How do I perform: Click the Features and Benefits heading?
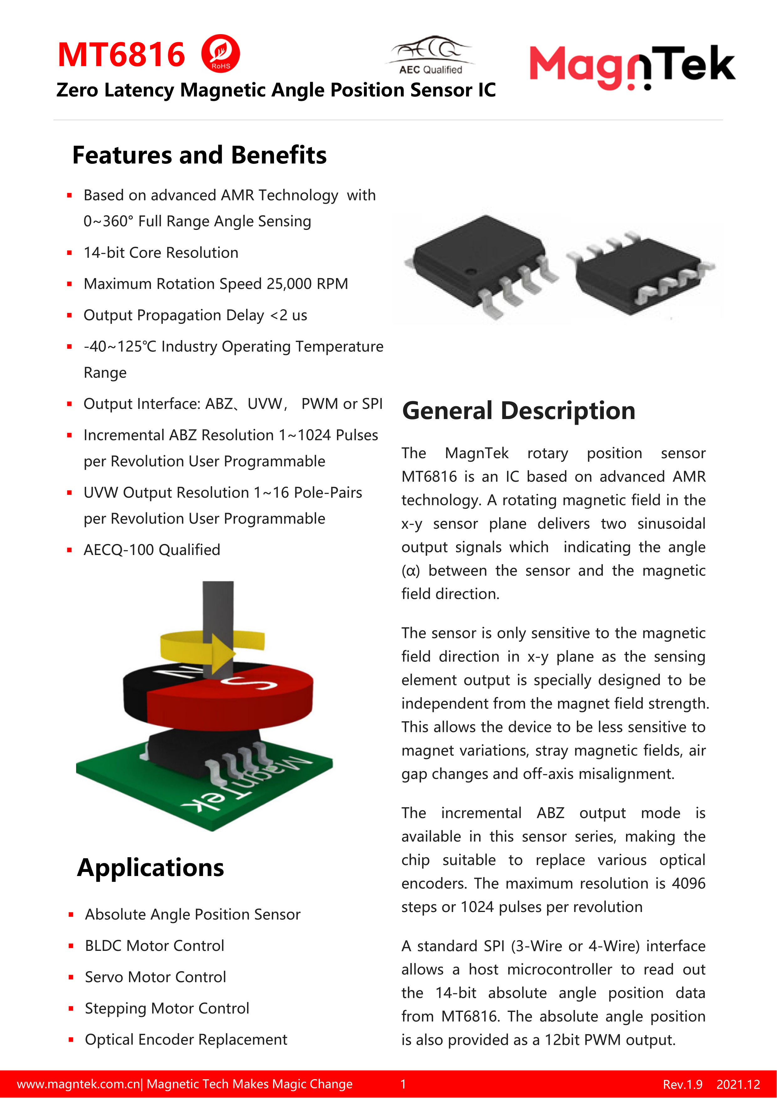tap(199, 155)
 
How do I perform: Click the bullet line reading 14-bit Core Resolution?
tap(161, 253)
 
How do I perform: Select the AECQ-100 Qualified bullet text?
tap(152, 550)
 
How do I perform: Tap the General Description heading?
tap(519, 411)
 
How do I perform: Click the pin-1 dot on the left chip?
tap(471, 272)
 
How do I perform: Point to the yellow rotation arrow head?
tap(223, 653)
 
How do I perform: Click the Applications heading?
tap(150, 868)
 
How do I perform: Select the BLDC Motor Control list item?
tap(154, 946)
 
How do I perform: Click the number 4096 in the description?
tap(688, 883)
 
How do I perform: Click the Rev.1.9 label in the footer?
tap(682, 1085)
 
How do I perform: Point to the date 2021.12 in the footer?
tap(738, 1085)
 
